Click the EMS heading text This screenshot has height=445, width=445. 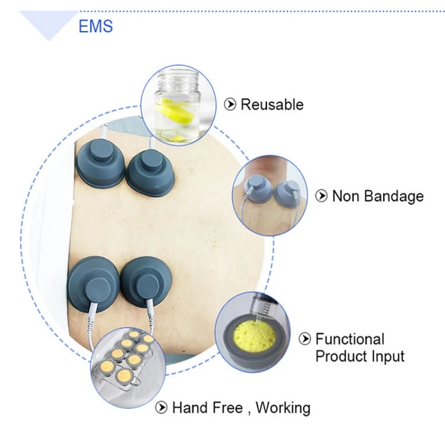tap(96, 26)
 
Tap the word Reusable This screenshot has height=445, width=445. tap(272, 105)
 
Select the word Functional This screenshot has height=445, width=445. tap(350, 339)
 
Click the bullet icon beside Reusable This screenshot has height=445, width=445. tap(229, 105)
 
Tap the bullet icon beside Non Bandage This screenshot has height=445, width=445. tap(321, 196)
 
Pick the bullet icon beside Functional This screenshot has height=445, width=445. tap(305, 339)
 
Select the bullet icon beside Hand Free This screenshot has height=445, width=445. tap(161, 408)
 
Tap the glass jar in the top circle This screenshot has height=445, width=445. tap(176, 103)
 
